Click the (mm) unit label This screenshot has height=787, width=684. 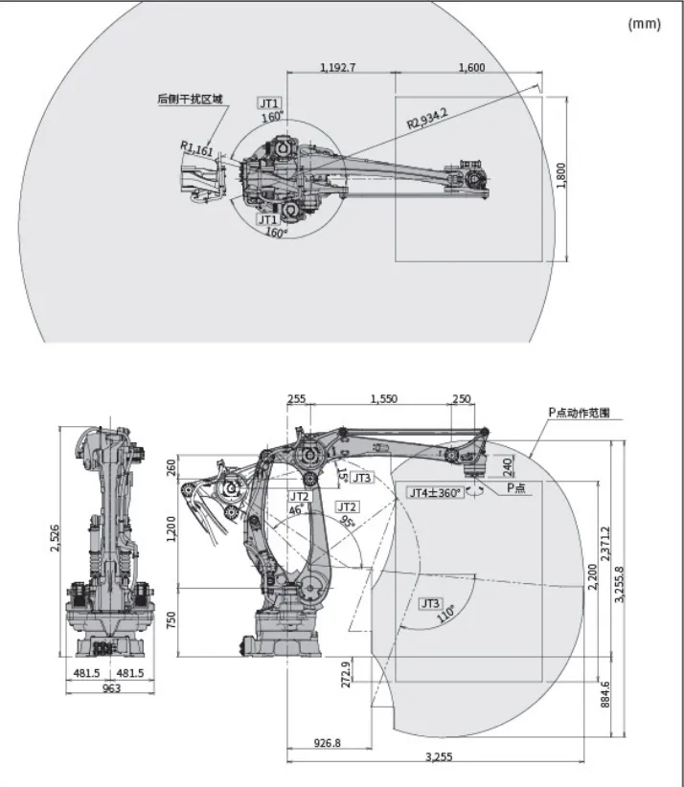[x=644, y=24]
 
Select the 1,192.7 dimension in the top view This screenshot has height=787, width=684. [x=336, y=67]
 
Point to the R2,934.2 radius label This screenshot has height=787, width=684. [x=426, y=119]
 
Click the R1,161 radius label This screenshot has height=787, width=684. [x=197, y=149]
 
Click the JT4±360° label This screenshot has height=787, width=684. [x=435, y=492]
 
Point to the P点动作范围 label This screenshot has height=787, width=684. [x=579, y=413]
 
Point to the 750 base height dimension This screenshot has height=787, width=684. [x=172, y=619]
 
